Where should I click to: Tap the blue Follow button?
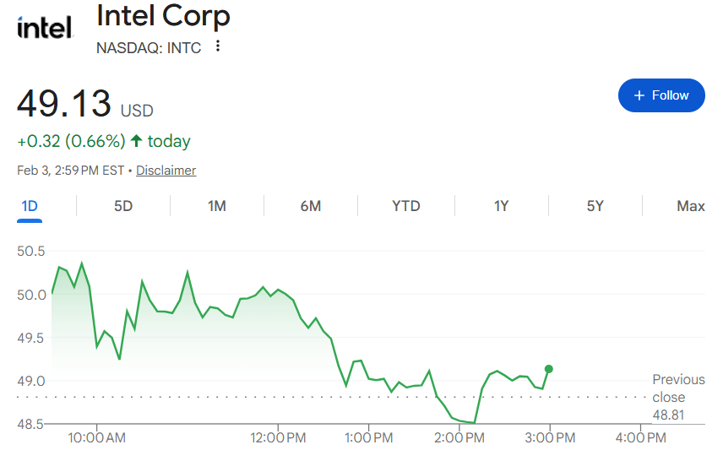[661, 95]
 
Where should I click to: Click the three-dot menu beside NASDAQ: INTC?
[219, 46]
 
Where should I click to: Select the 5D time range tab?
[123, 206]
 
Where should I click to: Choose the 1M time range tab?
[217, 206]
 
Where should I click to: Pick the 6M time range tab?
[311, 206]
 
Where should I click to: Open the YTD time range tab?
[406, 206]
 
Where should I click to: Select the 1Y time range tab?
[502, 206]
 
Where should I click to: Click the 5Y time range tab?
[595, 206]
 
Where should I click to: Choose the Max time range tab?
[691, 206]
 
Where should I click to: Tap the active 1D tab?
[30, 206]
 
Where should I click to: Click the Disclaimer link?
[166, 171]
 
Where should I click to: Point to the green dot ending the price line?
[549, 369]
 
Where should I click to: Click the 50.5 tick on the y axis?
[31, 252]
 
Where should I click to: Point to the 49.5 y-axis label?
[31, 338]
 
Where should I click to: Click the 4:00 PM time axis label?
[640, 438]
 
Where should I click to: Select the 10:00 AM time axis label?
[96, 438]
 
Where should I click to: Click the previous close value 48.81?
[668, 415]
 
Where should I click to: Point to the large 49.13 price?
[64, 104]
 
